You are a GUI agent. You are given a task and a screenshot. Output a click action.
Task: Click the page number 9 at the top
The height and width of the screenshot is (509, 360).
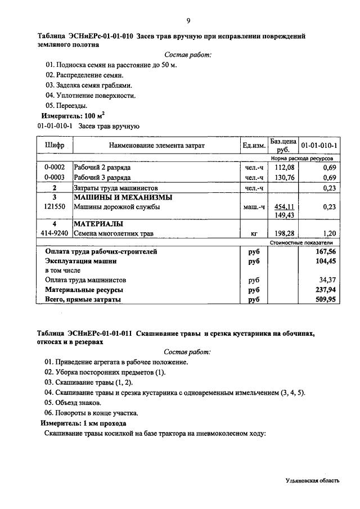tap(188, 21)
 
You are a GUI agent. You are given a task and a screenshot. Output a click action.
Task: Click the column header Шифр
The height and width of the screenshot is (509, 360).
tap(55, 146)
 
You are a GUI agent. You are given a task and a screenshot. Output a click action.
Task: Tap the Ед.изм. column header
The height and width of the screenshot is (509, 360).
tap(253, 146)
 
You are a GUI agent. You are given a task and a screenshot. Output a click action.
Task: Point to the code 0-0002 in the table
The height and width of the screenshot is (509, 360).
tap(55, 168)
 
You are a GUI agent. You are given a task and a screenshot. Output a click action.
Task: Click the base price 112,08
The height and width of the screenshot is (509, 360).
tap(284, 168)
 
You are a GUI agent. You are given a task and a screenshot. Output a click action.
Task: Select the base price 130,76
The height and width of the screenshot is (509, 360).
tap(284, 178)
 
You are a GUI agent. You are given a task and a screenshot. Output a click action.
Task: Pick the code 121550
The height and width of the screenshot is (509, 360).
tap(55, 207)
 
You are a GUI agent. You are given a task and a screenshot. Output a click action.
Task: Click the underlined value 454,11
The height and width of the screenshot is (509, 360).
tap(284, 207)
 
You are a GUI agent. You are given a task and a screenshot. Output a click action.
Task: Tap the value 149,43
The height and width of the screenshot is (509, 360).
tap(284, 215)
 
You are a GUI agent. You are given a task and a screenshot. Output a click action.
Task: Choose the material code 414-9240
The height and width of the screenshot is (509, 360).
tap(55, 233)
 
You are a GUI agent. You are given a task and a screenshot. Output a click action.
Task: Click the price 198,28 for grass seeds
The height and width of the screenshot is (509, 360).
tap(284, 233)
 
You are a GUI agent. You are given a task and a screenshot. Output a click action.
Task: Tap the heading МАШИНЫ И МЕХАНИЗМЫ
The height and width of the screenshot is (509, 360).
tap(123, 197)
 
